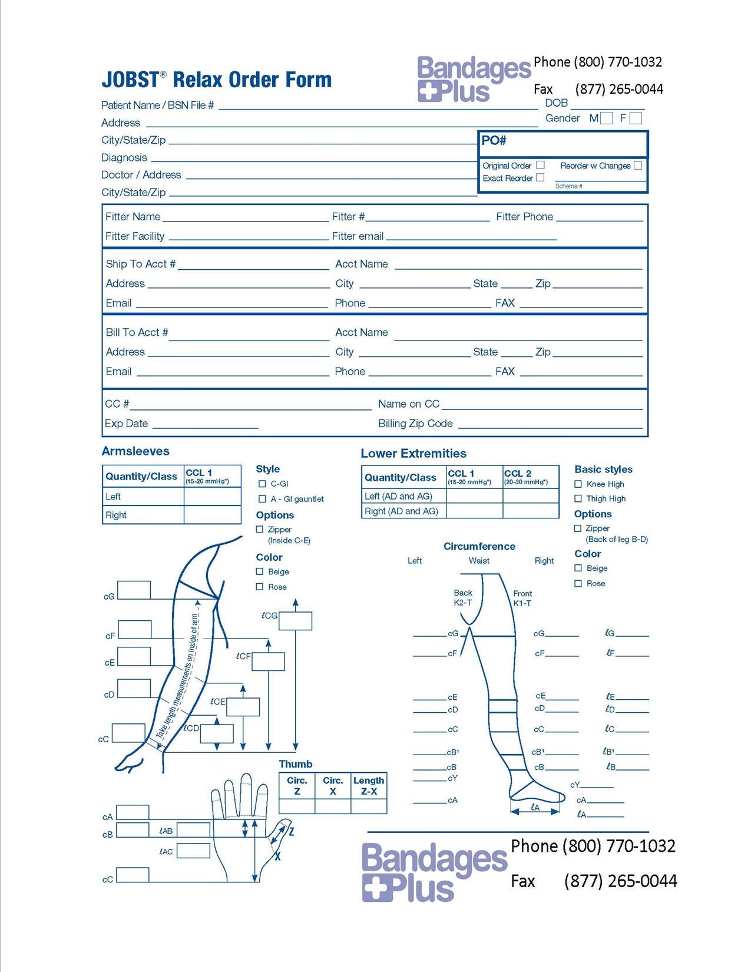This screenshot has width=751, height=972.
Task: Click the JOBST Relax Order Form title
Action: pyautogui.click(x=217, y=80)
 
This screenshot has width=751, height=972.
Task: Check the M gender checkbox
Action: pyautogui.click(x=607, y=118)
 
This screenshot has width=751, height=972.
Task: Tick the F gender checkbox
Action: pyautogui.click(x=636, y=118)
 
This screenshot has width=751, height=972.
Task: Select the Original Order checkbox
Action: pyautogui.click(x=540, y=165)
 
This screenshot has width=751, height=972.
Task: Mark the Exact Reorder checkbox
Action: pyautogui.click(x=540, y=177)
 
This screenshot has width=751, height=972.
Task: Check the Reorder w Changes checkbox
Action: pyautogui.click(x=637, y=166)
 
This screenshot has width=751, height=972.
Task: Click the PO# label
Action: pyautogui.click(x=494, y=141)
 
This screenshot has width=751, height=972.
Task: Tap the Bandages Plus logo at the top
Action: pyautogui.click(x=474, y=80)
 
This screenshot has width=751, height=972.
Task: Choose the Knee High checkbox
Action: pyautogui.click(x=578, y=484)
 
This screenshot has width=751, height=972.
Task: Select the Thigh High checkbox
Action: pyautogui.click(x=578, y=498)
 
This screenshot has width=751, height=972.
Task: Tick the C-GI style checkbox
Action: pyautogui.click(x=262, y=484)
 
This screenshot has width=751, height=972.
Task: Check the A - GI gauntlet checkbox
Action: pyautogui.click(x=262, y=499)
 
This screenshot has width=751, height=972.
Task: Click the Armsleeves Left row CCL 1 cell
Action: pyautogui.click(x=212, y=497)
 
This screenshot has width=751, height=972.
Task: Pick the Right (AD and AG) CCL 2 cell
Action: pyautogui.click(x=531, y=511)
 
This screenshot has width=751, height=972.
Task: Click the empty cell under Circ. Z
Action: pyautogui.click(x=297, y=806)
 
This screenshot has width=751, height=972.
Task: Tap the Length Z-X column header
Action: pyautogui.click(x=369, y=786)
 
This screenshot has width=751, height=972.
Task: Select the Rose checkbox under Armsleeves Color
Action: pyautogui.click(x=260, y=587)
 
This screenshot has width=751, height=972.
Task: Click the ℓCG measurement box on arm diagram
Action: pyautogui.click(x=295, y=621)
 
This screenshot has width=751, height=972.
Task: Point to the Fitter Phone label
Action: pyautogui.click(x=524, y=217)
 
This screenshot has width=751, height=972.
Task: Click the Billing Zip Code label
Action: pyautogui.click(x=415, y=424)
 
